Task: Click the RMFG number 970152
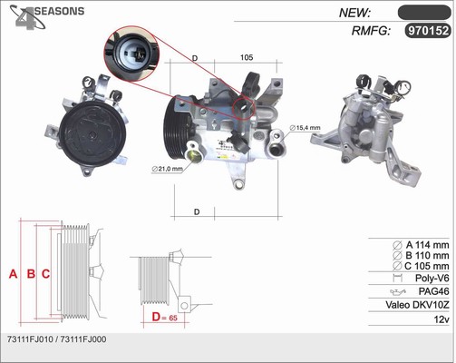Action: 428,31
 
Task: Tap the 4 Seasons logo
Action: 47,17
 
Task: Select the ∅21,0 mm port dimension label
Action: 168,169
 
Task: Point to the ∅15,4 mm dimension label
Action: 305,128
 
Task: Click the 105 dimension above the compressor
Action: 247,57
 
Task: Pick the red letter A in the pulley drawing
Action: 13,274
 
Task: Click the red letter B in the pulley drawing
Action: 31,274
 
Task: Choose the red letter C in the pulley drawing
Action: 45,274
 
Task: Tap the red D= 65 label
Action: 165,317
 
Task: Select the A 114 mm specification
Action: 421,245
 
